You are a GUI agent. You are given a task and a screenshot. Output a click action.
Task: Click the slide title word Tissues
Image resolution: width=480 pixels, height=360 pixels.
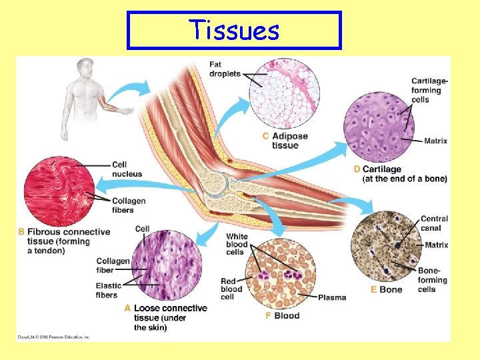click(233, 30)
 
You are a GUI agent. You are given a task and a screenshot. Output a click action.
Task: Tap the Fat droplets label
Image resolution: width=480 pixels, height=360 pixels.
click(225, 69)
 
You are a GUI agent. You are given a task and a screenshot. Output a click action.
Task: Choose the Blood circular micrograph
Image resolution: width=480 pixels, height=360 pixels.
click(281, 273)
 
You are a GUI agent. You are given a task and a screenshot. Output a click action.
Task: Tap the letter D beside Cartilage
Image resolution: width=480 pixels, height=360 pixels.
click(357, 169)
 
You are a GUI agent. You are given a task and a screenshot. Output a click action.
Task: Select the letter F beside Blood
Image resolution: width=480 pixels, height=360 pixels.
click(268, 315)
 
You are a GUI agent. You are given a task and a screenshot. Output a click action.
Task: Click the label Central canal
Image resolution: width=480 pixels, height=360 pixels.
click(434, 223)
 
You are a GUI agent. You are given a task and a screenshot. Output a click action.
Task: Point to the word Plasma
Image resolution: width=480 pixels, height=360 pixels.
click(332, 297)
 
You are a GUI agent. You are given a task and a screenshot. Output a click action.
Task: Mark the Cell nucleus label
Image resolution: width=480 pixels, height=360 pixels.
click(127, 169)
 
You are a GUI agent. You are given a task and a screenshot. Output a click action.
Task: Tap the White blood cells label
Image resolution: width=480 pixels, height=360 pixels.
click(237, 245)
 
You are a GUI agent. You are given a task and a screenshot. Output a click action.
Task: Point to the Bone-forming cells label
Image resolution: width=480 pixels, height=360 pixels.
click(433, 280)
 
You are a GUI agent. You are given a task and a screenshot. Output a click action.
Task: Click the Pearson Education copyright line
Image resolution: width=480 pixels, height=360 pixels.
click(53, 337)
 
